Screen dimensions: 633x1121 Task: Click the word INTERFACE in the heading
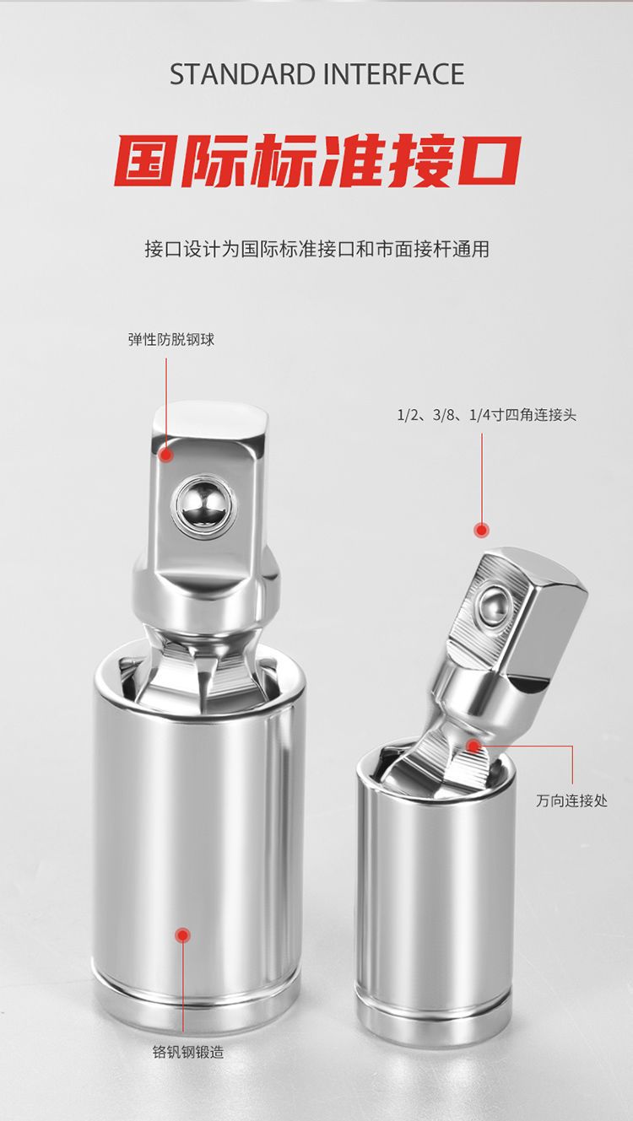click(x=395, y=74)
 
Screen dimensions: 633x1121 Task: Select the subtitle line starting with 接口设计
click(x=316, y=249)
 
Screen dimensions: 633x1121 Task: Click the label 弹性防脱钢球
click(x=171, y=340)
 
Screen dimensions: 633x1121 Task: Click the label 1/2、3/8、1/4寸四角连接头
click(x=486, y=415)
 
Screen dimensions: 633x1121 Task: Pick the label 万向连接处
click(x=571, y=800)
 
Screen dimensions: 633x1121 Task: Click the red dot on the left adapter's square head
click(x=165, y=455)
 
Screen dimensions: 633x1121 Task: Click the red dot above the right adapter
click(x=481, y=530)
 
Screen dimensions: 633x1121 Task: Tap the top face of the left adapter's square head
click(x=209, y=419)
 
